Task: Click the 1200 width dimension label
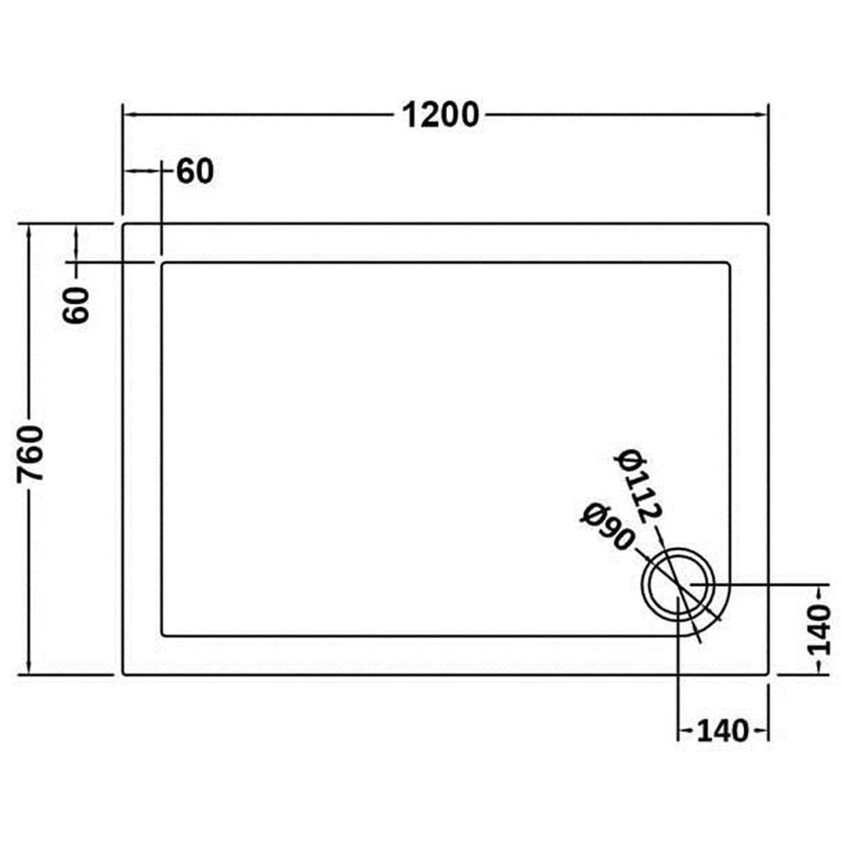(440, 115)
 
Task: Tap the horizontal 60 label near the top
(195, 171)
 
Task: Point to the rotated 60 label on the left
(77, 305)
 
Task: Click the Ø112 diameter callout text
(640, 487)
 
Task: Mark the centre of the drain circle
(679, 586)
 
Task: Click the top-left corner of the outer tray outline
(124, 224)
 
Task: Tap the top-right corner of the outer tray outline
(769, 224)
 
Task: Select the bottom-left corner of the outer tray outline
(124, 674)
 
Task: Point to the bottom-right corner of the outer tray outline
(769, 674)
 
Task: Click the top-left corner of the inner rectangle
(162, 263)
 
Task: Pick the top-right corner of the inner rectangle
(730, 263)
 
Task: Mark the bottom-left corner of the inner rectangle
(162, 636)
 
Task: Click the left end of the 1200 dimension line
(124, 115)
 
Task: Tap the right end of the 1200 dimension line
(769, 115)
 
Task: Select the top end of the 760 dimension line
(30, 224)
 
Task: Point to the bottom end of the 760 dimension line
(30, 674)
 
